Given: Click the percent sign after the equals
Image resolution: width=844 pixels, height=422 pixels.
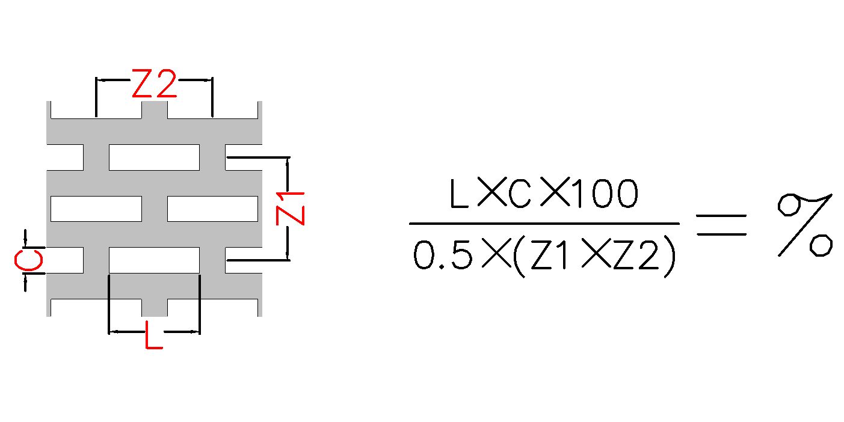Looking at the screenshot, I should pos(805,224).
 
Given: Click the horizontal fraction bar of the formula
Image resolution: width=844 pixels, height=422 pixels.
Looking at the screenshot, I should pos(544,224).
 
